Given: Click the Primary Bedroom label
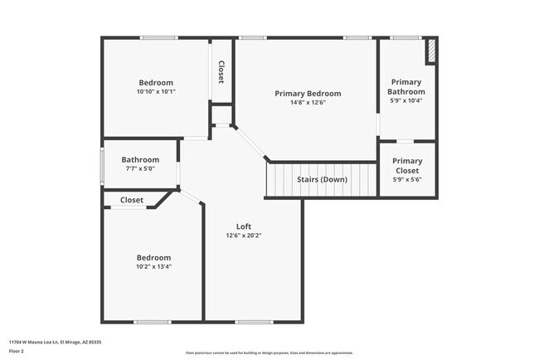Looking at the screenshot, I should (x=308, y=94).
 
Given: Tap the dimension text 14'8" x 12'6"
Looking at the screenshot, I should (x=308, y=104).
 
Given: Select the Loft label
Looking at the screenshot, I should (x=244, y=226).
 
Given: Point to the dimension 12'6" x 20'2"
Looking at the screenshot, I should (x=244, y=236).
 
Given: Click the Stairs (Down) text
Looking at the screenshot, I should (x=322, y=179).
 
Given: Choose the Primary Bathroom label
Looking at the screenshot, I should (x=407, y=87).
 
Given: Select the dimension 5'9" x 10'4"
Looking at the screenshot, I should (x=407, y=101).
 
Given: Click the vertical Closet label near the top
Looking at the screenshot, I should (x=221, y=71).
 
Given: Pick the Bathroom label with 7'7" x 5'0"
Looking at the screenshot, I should (x=140, y=160).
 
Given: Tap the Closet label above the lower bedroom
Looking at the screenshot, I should (x=132, y=200).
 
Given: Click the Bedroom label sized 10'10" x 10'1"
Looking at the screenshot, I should (x=156, y=82).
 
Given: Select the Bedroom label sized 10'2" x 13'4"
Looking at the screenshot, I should (x=154, y=257).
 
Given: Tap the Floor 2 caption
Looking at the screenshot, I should (x=17, y=350).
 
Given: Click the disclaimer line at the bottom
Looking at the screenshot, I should (x=269, y=353).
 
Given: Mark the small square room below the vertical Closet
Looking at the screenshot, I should (x=221, y=114).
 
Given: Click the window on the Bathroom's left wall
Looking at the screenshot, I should (x=103, y=164).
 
